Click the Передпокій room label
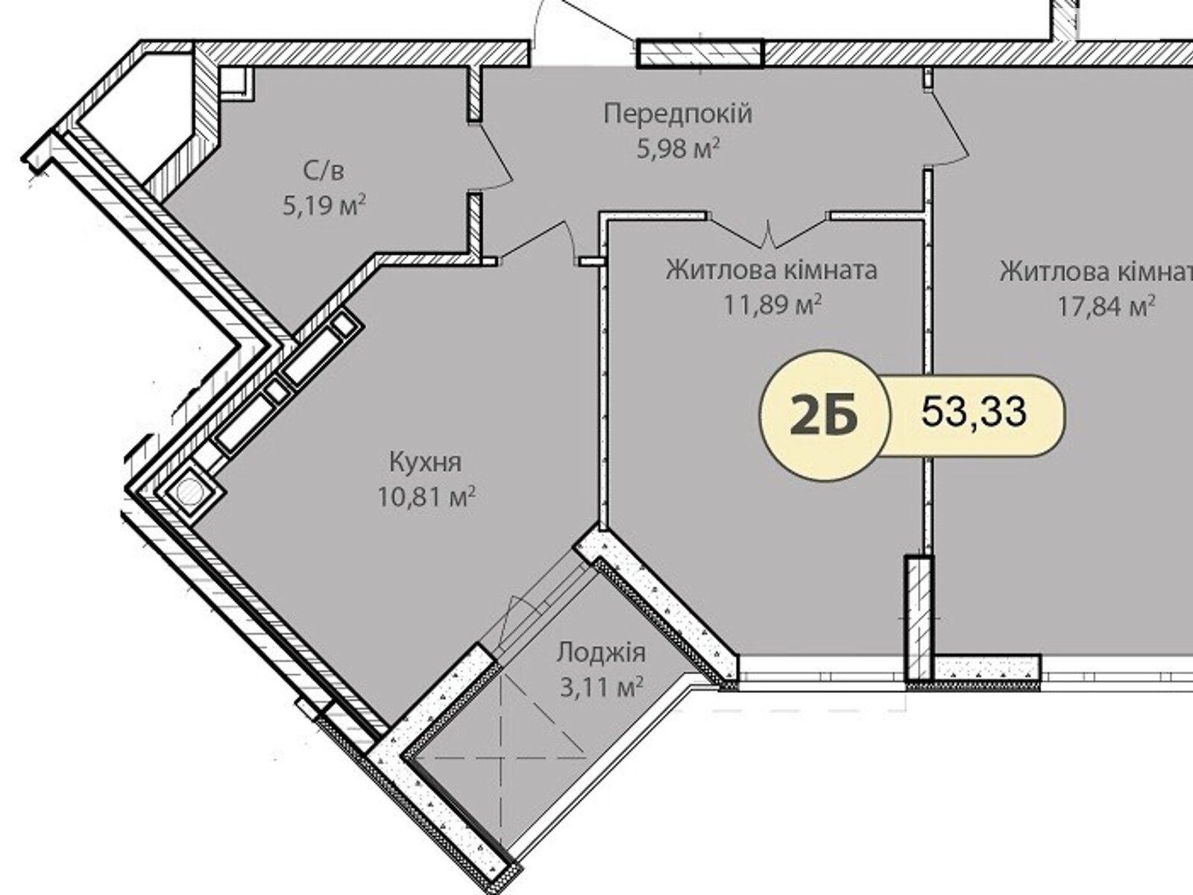(678, 115)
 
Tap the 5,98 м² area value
(679, 148)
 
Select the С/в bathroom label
(324, 172)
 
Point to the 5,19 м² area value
(324, 206)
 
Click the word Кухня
(426, 463)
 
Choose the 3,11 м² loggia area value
(602, 687)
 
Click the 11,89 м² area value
(772, 305)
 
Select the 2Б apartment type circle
(824, 415)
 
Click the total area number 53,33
(974, 412)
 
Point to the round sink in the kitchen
(189, 493)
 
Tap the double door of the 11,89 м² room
(769, 231)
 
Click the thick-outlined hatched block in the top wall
(701, 53)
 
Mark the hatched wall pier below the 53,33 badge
(919, 617)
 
